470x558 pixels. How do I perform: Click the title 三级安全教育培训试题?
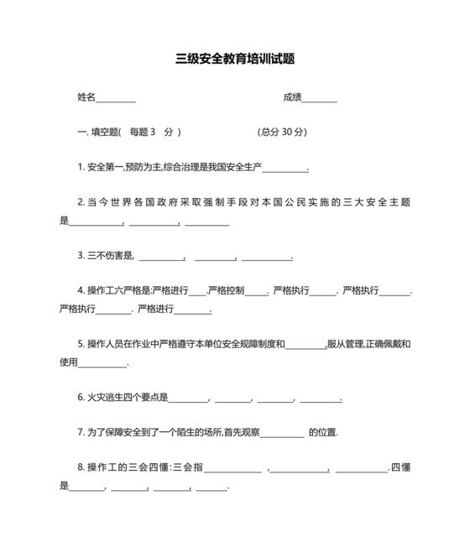tap(234, 59)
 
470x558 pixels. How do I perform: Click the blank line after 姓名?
tap(116, 99)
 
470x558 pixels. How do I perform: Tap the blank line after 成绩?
tap(319, 99)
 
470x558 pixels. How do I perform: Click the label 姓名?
tap(86, 96)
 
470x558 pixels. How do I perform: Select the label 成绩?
tap(291, 96)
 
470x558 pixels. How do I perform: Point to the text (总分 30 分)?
tap(283, 132)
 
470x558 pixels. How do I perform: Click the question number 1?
tap(80, 167)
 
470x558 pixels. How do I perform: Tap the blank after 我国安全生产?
tap(285, 169)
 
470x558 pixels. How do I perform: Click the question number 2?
tap(80, 202)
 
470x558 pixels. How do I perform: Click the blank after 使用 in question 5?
tap(102, 364)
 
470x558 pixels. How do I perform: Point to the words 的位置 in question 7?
tap(322, 432)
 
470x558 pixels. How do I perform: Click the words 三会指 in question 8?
tap(187, 467)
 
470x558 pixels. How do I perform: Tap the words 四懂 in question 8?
tap(399, 467)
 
